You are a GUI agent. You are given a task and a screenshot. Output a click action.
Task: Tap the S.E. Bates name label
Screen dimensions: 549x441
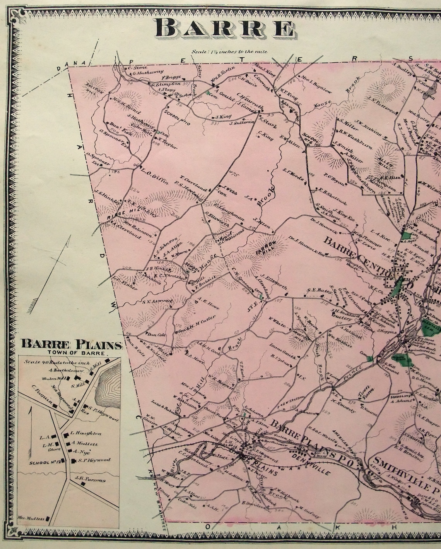click(315, 290)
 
